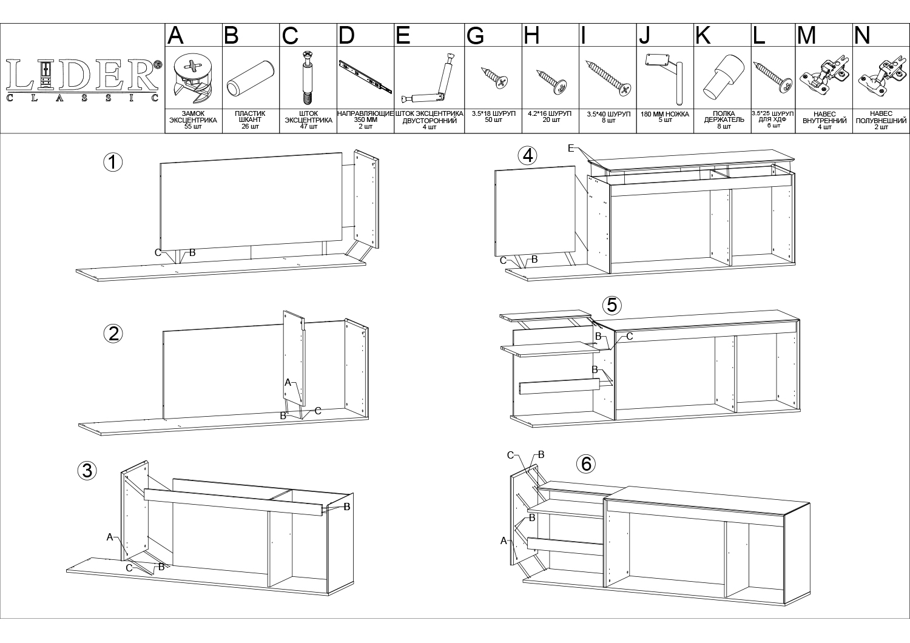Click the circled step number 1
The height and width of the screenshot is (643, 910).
(x=113, y=163)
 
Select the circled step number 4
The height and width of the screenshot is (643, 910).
(x=528, y=155)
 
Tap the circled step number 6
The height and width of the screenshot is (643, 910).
(x=586, y=463)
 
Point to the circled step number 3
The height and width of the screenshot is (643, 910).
(x=87, y=471)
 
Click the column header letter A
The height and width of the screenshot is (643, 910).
(x=175, y=35)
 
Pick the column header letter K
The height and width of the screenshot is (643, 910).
(x=703, y=35)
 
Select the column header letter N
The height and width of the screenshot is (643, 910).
(x=862, y=35)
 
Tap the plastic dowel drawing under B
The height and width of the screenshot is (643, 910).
(x=251, y=78)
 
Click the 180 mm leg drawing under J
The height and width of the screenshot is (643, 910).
(x=664, y=77)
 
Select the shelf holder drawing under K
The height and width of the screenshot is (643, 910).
(x=724, y=76)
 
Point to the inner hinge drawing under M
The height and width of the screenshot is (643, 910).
(x=824, y=75)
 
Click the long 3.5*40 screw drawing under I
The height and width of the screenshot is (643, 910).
(x=608, y=78)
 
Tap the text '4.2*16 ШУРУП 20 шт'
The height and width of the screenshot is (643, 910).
(x=550, y=117)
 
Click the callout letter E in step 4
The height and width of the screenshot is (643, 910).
(x=571, y=149)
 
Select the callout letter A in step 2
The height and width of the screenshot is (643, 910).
(x=288, y=382)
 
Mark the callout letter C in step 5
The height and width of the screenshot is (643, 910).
(x=630, y=336)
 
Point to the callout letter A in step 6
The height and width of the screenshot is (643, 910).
(x=504, y=540)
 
